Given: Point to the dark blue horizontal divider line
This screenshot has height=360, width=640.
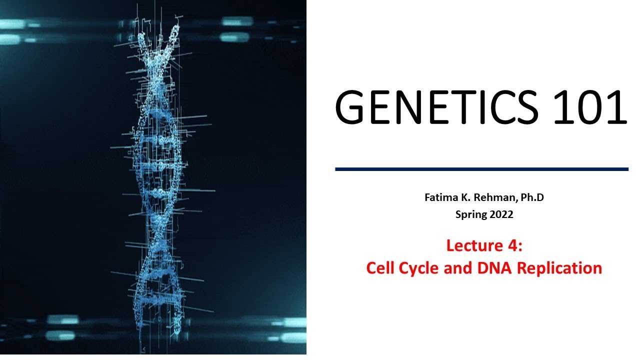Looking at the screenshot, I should point(481,169).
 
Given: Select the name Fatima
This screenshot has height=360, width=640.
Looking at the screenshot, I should point(438,197).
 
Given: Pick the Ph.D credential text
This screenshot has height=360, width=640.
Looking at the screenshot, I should point(531,197).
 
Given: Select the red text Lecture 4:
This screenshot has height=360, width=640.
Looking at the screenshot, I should point(484,246).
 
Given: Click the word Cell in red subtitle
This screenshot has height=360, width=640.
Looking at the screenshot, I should point(379,268).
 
